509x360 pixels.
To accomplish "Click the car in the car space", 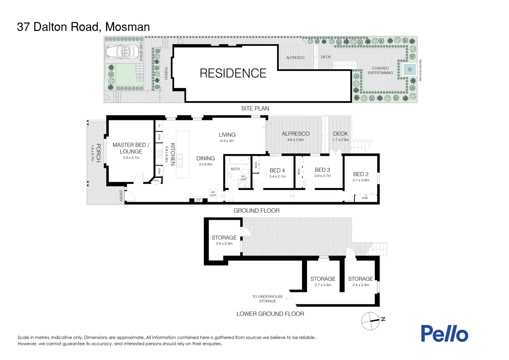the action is (x=122, y=52).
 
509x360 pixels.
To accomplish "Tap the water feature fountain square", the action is (x=410, y=70).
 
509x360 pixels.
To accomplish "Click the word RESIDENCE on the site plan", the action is (x=233, y=73).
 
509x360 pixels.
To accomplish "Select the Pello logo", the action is (x=444, y=334).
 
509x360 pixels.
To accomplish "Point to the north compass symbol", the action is (x=371, y=321).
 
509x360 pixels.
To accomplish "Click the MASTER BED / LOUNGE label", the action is (x=131, y=148).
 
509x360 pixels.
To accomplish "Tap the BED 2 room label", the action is (x=361, y=174).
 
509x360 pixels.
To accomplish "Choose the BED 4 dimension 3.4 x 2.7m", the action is (x=277, y=176).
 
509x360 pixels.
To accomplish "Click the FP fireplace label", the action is (x=199, y=200).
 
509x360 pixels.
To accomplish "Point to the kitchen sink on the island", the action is (x=180, y=161).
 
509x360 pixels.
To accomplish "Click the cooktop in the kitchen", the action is (x=159, y=154).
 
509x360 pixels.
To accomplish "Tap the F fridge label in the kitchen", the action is (x=160, y=126).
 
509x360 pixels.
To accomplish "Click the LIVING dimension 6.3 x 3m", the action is (x=227, y=141).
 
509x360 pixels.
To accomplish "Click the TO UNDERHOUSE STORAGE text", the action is (x=268, y=299).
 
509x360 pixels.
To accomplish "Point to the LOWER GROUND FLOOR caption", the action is (x=270, y=314).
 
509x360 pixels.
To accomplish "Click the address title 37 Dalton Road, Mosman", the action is (x=83, y=27).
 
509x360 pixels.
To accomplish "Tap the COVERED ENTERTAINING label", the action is (x=380, y=70).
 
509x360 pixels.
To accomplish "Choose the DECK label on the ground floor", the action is (x=340, y=134).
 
